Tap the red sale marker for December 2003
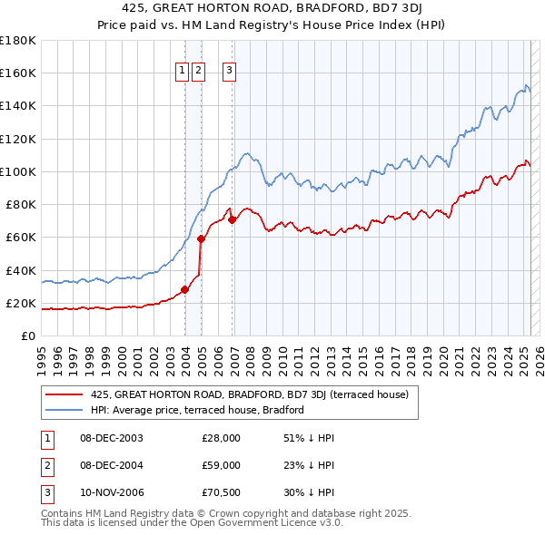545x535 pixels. [184, 289]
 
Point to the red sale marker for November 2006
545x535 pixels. [232, 219]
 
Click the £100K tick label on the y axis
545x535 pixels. [18, 171]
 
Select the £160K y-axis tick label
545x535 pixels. [18, 73]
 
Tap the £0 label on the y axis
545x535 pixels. [27, 336]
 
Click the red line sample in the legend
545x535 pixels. [64, 395]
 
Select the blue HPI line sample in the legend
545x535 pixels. [64, 410]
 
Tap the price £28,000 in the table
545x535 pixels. [221, 438]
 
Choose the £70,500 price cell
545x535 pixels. [221, 494]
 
